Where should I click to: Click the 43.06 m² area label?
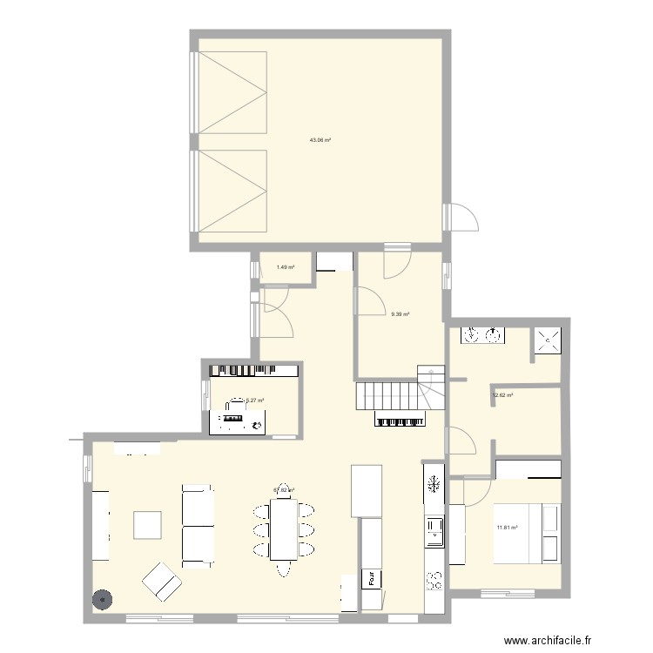pyautogui.click(x=320, y=139)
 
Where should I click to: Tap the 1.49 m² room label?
pyautogui.click(x=285, y=267)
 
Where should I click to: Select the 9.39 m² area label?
pyautogui.click(x=401, y=314)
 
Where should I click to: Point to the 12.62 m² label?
pyautogui.click(x=503, y=395)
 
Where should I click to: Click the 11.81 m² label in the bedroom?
pyautogui.click(x=507, y=527)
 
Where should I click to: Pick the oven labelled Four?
pyautogui.click(x=372, y=576)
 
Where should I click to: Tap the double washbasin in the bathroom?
pyautogui.click(x=482, y=335)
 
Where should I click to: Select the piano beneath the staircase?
pyautogui.click(x=401, y=420)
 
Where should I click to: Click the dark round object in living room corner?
pyautogui.click(x=103, y=599)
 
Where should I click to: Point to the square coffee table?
pyautogui.click(x=146, y=526)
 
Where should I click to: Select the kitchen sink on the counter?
pyautogui.click(x=434, y=531)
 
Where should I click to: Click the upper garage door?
pyautogui.click(x=231, y=92)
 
